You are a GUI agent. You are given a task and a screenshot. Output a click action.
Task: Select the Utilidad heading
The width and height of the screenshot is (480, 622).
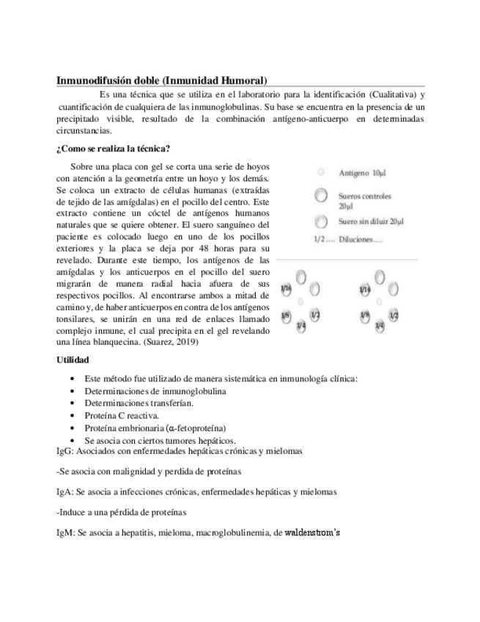pos(73,360)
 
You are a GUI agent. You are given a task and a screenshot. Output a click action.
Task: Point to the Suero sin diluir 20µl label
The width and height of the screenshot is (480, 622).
pos(371,221)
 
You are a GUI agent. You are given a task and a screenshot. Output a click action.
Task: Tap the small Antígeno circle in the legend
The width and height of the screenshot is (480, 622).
pos(320,173)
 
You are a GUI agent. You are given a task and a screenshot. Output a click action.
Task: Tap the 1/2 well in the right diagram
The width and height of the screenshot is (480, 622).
pos(394,315)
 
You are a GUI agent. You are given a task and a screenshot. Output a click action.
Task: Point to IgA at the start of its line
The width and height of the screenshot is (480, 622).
pos(64,491)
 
